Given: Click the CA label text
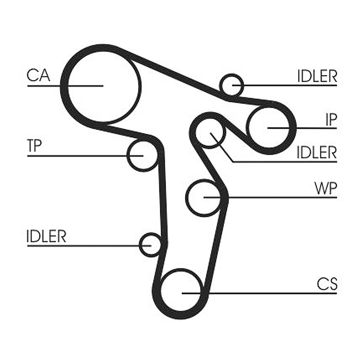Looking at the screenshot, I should pos(39,76).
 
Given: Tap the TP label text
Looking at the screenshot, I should pos(35,146).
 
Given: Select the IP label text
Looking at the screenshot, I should pos(330,120).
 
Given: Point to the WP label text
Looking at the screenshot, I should pos(325,188).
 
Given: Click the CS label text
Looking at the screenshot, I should pos(327,284).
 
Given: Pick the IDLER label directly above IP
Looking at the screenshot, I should pos(317,76).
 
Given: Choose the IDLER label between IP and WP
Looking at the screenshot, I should pos(317,153).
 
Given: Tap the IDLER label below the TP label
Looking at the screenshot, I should pos(46,237).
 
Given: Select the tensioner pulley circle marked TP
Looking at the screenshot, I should pos(142,156).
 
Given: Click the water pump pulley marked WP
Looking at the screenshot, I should pos(204,197).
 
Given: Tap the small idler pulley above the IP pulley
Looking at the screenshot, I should pos(231,85).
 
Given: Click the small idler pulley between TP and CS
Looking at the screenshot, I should pos(150,245).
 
